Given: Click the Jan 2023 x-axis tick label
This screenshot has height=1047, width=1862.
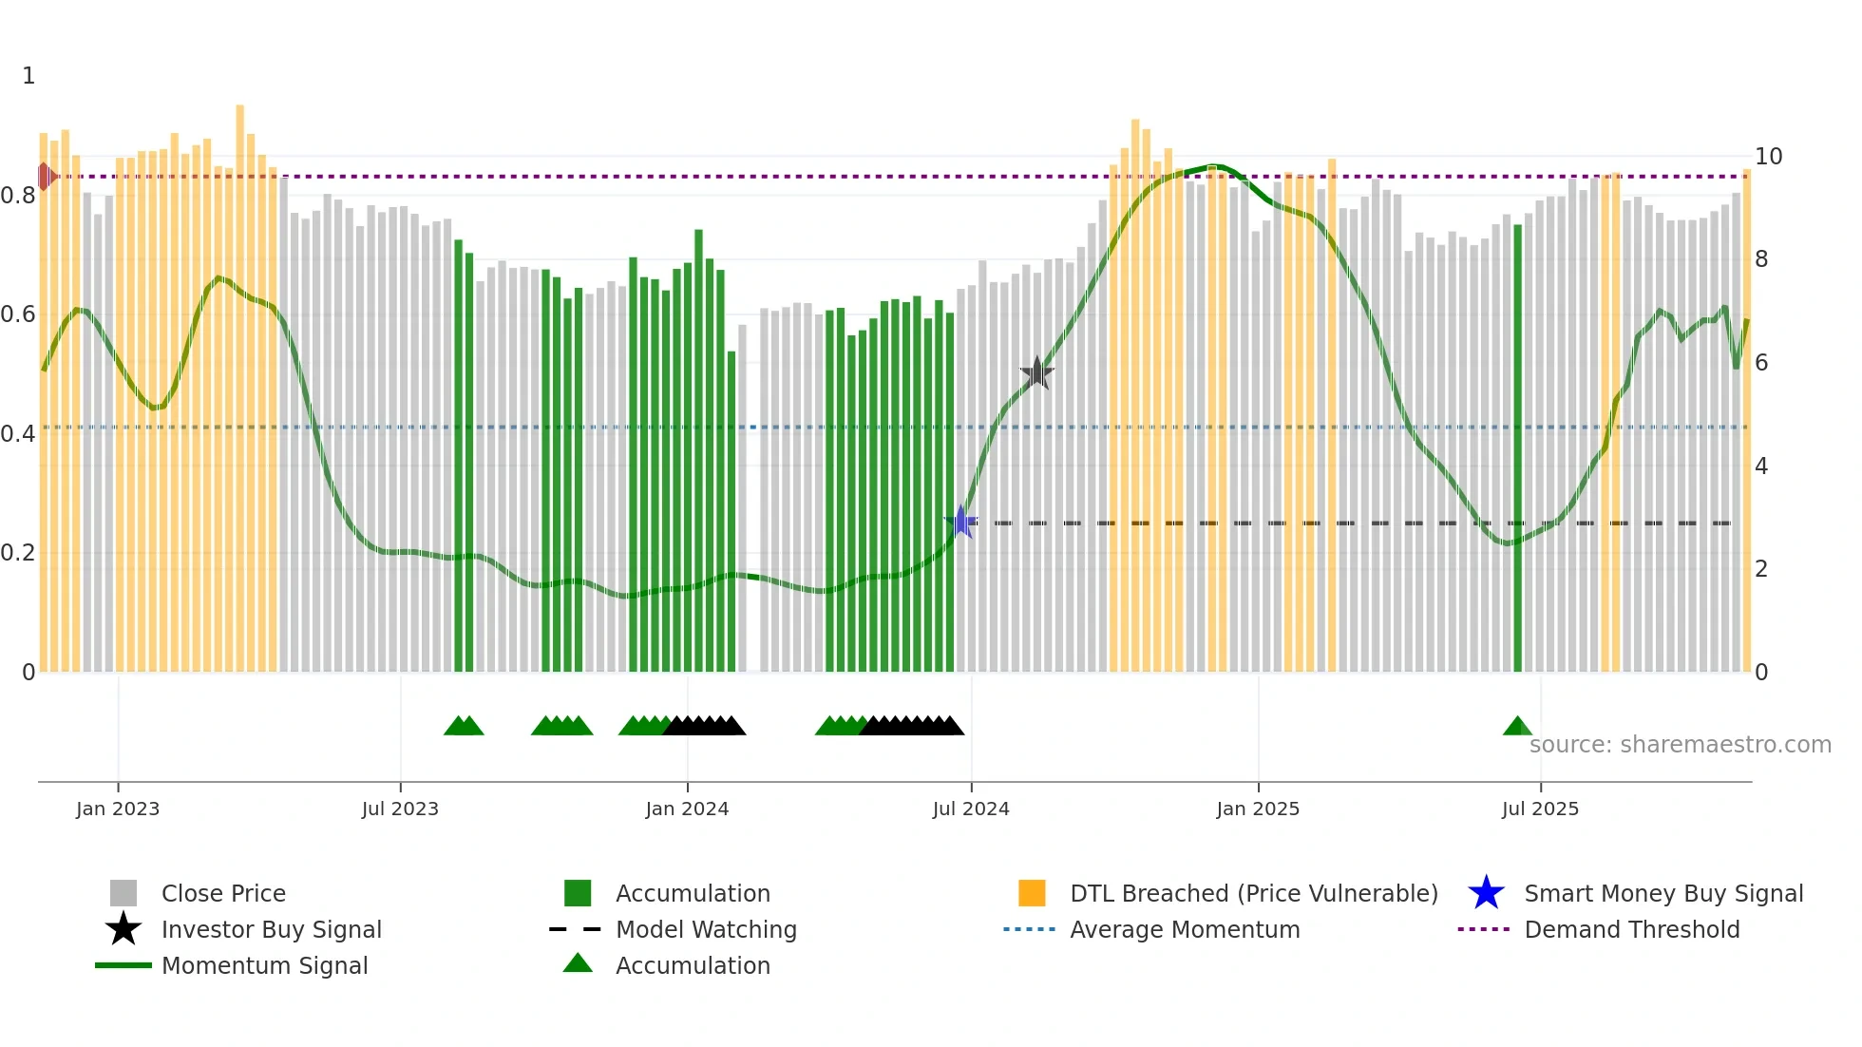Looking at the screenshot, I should [x=118, y=809].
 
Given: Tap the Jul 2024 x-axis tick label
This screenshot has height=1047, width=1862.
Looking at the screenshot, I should [x=971, y=809].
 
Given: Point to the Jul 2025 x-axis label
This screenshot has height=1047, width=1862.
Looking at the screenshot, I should [x=1540, y=809].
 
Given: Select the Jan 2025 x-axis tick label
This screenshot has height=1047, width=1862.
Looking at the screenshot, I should [x=1258, y=809].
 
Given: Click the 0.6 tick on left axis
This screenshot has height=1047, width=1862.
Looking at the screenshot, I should [x=18, y=314].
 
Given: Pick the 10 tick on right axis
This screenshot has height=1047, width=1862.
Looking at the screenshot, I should [x=1768, y=157].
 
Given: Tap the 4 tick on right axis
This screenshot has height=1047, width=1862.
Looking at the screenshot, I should [x=1761, y=466].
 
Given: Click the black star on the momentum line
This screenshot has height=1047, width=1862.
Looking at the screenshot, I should [x=1036, y=373].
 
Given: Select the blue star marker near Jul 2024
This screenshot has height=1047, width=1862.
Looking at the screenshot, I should [x=961, y=522].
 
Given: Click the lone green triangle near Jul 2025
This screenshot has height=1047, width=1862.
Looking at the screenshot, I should [x=1517, y=727].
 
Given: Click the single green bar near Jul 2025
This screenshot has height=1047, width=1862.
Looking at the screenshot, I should [x=1517, y=447].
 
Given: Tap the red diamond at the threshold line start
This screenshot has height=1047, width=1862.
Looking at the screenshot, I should [x=45, y=177].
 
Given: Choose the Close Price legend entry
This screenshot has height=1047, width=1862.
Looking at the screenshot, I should [x=223, y=894].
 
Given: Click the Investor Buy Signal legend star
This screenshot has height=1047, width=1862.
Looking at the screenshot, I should [x=123, y=929].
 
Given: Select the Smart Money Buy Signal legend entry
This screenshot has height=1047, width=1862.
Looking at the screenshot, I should [x=1662, y=894].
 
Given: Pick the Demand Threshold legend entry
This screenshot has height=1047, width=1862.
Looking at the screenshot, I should [x=1631, y=930].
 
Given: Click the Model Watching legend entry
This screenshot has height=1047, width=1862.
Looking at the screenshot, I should [x=705, y=930].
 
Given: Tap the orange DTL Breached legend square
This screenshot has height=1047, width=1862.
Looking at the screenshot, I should [x=1032, y=893].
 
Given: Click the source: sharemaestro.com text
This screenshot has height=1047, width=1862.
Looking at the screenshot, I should [x=1680, y=745].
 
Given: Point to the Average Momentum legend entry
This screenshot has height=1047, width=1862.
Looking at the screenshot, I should [x=1184, y=930].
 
